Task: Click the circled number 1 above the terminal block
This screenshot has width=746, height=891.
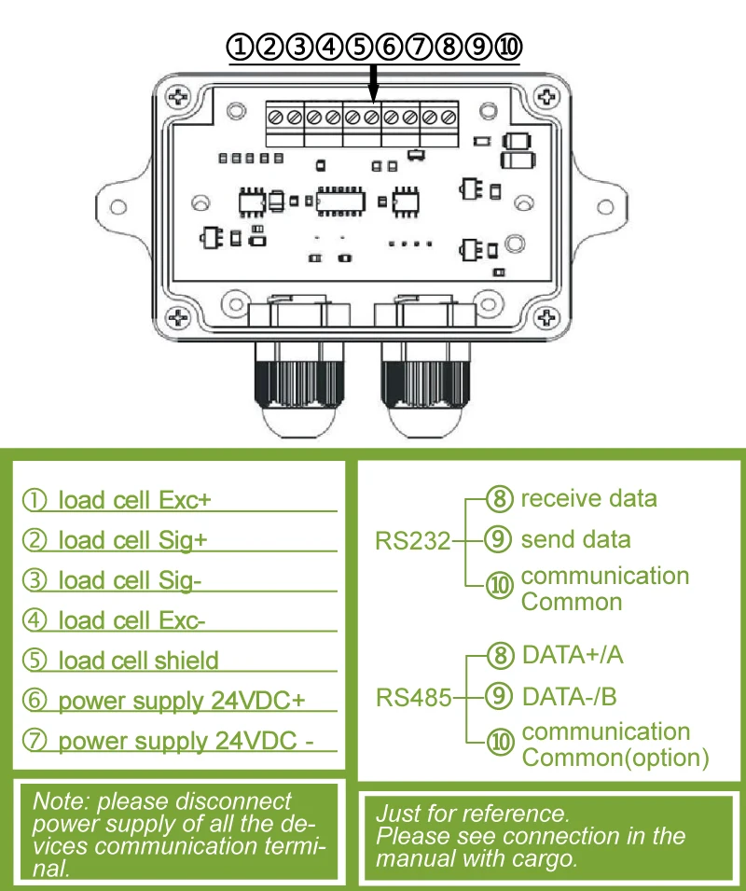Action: point(242,47)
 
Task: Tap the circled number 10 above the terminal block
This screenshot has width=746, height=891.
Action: point(508,47)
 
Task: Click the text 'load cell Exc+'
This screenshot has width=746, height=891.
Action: point(134,500)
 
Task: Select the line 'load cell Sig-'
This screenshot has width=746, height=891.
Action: point(130,580)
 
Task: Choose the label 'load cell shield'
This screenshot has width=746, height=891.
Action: point(138,661)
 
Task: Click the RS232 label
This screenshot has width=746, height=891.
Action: point(413,540)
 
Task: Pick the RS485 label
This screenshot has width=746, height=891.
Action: point(413,696)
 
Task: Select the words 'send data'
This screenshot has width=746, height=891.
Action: point(575,539)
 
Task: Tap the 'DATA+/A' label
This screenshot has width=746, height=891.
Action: point(573,655)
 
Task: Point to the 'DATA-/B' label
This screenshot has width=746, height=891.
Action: point(570,696)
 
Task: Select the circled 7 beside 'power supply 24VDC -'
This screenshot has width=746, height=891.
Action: point(36,742)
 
